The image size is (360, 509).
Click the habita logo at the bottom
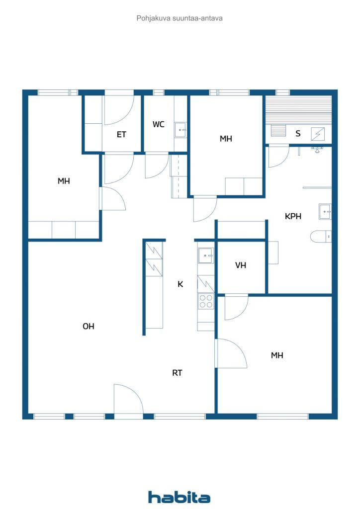179,497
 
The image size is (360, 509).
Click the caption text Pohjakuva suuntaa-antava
180,18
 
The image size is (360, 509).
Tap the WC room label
159,124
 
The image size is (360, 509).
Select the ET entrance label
121,134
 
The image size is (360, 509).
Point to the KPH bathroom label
293,216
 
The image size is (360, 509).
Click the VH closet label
241,265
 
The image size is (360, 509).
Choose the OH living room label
89,326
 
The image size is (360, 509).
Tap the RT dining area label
177,373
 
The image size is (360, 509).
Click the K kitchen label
180,284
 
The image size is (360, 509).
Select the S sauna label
298,133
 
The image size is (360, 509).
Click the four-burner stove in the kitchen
206,301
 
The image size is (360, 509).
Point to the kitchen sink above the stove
206,255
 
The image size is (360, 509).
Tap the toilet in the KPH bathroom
321,237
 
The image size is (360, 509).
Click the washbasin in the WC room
180,130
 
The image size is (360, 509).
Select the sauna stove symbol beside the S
317,134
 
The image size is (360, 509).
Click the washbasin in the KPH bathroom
325,212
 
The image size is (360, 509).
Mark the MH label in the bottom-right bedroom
277,355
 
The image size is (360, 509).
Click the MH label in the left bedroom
64,181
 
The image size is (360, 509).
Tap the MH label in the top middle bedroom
226,139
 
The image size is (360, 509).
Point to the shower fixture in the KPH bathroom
317,149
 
